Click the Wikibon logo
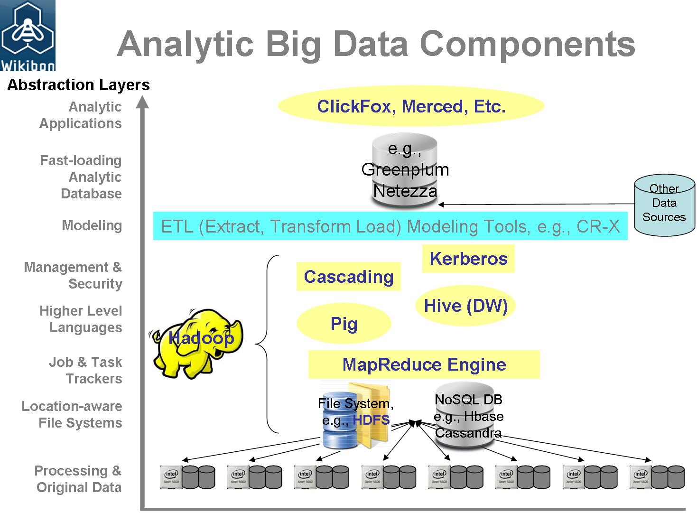tap(28, 36)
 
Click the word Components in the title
tap(527, 44)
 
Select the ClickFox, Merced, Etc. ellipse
tap(411, 106)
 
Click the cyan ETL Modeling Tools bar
tap(390, 226)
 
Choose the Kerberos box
tap(468, 259)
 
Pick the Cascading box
tap(348, 277)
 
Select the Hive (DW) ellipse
tap(465, 306)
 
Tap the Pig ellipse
tap(344, 324)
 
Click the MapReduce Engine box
tap(424, 364)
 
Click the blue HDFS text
tap(372, 420)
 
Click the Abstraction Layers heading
tap(78, 85)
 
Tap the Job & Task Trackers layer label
tap(85, 370)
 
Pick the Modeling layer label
tap(92, 225)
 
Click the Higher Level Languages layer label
tap(81, 319)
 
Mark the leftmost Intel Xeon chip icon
tap(171, 476)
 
